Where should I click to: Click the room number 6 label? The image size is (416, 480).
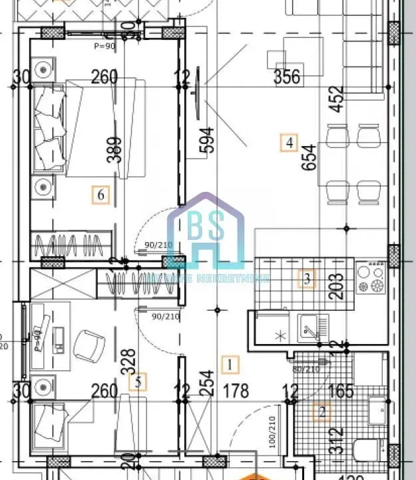pos(100,195)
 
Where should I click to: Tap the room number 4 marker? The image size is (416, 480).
pos(288,142)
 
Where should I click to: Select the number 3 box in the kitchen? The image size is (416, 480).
pos(307,279)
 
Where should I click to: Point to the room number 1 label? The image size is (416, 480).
pos(230,365)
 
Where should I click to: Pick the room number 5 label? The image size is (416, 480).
pos(138,382)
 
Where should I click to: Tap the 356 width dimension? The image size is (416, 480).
pos(287,77)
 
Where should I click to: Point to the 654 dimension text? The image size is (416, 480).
pos(310,158)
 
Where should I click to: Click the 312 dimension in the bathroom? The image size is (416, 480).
pos(339,441)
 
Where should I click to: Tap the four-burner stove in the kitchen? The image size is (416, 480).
pos(371,279)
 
